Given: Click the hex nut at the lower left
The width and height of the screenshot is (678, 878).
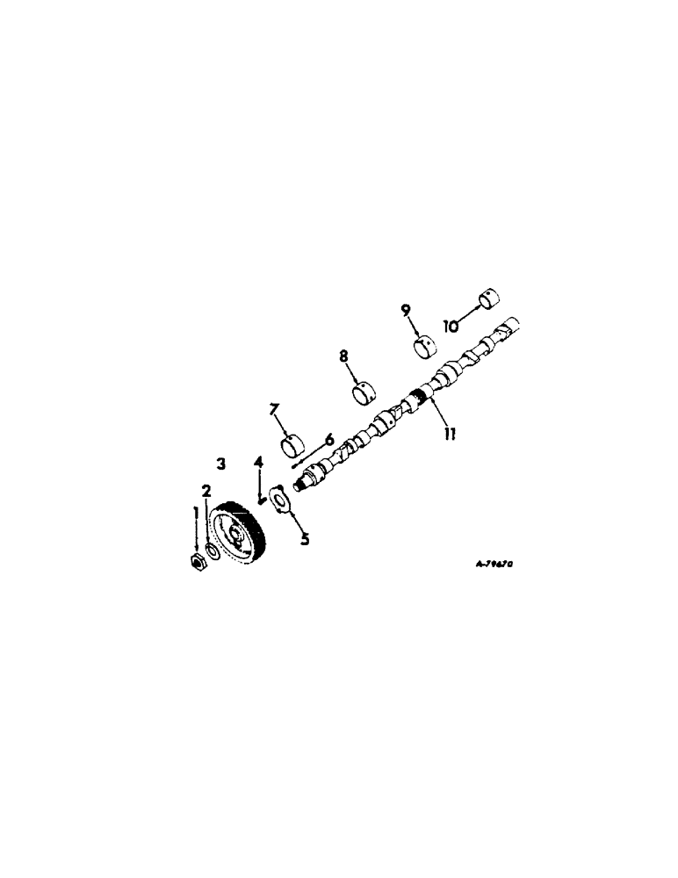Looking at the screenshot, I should tap(198, 562).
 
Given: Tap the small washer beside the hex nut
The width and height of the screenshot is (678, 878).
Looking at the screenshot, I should tap(212, 553).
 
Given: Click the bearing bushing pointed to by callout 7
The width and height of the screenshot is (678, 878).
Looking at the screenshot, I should tap(293, 445).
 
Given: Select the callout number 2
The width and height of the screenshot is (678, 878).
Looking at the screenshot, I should tap(207, 492).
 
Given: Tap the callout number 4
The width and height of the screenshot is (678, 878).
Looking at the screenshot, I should tap(258, 463).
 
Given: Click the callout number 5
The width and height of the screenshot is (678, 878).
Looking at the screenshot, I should tap(305, 539).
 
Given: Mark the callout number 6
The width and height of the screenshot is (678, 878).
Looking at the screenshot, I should tap(329, 439).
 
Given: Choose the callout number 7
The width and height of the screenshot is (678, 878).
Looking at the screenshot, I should tap(275, 410).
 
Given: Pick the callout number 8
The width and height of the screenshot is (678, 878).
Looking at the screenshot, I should tap(344, 356).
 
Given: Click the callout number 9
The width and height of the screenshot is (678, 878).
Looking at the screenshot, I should tap(406, 310).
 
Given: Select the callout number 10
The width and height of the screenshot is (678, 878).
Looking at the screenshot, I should tap(451, 326).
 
